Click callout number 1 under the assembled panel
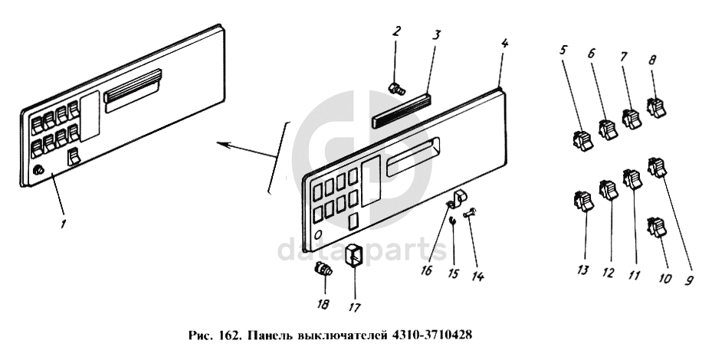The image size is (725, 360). [64, 224]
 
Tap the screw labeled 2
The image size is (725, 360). [397, 89]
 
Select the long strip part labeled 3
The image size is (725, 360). [401, 111]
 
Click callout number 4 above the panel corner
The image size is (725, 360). [504, 44]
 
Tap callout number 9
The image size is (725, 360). [689, 280]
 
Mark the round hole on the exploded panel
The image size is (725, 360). [318, 234]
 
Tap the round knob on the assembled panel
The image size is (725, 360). [38, 171]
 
